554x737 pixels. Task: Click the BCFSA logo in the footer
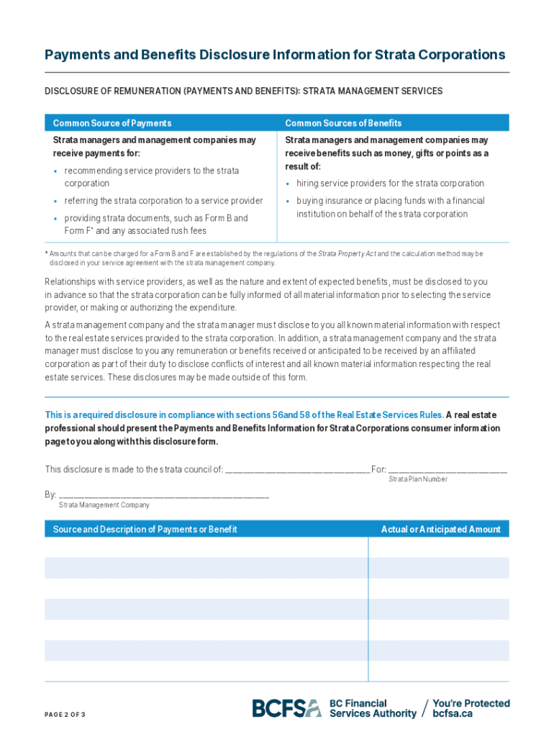tap(286, 708)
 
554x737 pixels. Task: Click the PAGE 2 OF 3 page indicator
tap(65, 715)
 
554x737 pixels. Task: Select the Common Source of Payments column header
tap(112, 123)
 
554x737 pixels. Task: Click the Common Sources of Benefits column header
tap(343, 123)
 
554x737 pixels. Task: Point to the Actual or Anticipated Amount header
tap(440, 530)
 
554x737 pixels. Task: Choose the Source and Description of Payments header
tap(145, 530)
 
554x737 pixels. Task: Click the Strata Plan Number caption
tap(418, 479)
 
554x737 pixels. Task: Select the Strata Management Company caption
tap(104, 505)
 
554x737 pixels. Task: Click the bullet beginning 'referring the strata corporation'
tap(163, 201)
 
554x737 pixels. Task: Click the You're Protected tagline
tap(471, 703)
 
